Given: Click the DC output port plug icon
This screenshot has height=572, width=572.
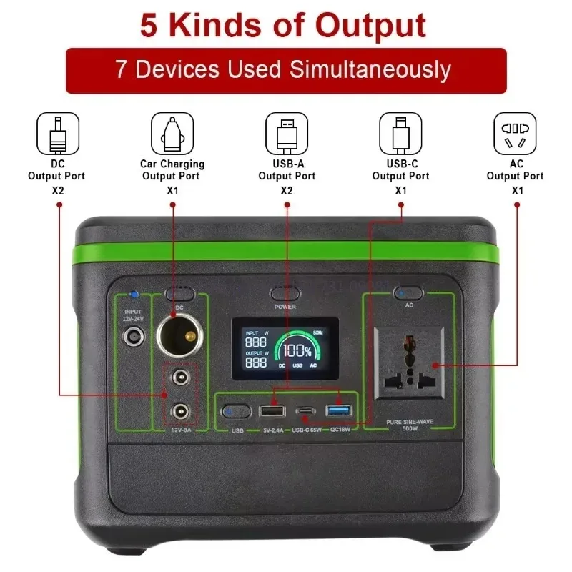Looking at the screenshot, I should [x=57, y=133].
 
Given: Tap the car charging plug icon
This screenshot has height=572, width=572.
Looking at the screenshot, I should [x=172, y=133].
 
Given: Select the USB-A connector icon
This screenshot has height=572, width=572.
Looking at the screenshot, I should [x=287, y=133].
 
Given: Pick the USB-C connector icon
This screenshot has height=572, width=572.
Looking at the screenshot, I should [x=400, y=133].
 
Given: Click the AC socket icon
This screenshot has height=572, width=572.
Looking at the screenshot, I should [x=515, y=133].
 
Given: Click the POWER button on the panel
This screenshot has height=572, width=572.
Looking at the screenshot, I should [x=285, y=293].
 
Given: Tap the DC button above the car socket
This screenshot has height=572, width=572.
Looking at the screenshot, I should [x=180, y=294].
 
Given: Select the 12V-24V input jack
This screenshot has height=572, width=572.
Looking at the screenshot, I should [x=132, y=337].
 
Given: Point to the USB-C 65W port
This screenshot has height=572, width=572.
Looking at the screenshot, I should [x=305, y=412].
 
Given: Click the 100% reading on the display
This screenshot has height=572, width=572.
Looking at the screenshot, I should [x=297, y=352].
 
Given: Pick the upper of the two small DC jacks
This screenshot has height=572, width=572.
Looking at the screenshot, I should [x=179, y=379].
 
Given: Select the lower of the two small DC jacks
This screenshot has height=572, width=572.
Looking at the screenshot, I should [x=179, y=410].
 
